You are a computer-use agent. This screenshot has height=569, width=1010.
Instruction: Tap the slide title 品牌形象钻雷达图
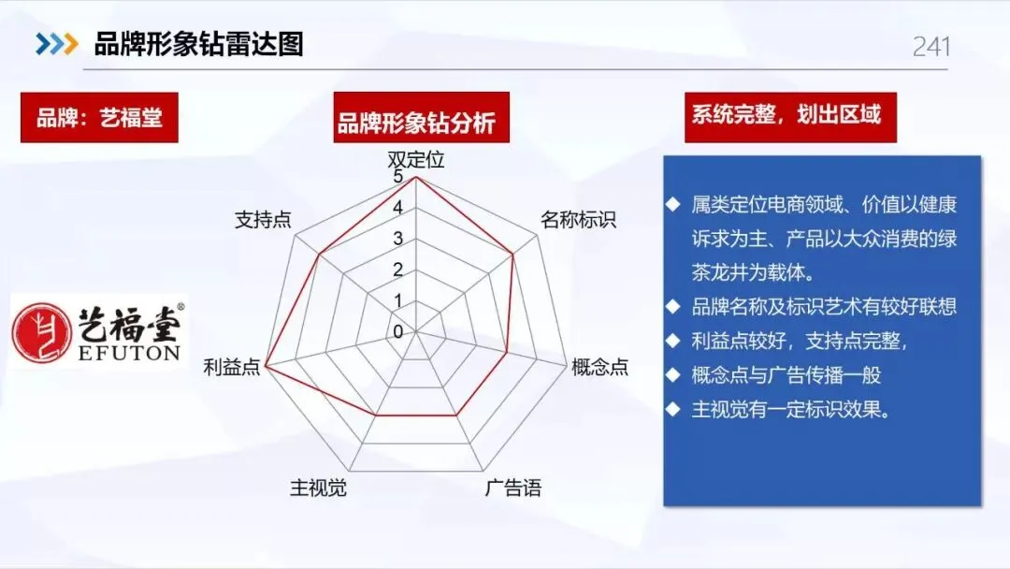[198, 43]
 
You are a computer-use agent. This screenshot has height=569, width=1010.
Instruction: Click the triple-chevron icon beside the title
[56, 43]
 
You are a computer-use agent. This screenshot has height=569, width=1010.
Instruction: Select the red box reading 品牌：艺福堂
[99, 118]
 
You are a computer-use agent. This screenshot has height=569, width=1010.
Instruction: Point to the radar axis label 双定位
[416, 159]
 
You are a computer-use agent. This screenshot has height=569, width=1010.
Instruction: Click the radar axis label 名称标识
[578, 220]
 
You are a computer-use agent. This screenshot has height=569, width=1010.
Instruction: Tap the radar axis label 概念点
[599, 367]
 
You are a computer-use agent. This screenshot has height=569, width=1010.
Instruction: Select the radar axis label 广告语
[512, 488]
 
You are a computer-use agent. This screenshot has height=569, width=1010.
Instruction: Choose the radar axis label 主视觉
[318, 488]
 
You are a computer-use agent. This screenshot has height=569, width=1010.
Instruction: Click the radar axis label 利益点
[232, 367]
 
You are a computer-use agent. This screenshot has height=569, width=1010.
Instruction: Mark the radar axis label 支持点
[262, 220]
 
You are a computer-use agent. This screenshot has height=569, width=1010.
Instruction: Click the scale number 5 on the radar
[398, 176]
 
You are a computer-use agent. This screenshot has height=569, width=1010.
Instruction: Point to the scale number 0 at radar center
[398, 331]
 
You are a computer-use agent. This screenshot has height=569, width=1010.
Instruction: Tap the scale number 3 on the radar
[398, 239]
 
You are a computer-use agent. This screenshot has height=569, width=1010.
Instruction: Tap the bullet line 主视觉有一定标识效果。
[788, 409]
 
